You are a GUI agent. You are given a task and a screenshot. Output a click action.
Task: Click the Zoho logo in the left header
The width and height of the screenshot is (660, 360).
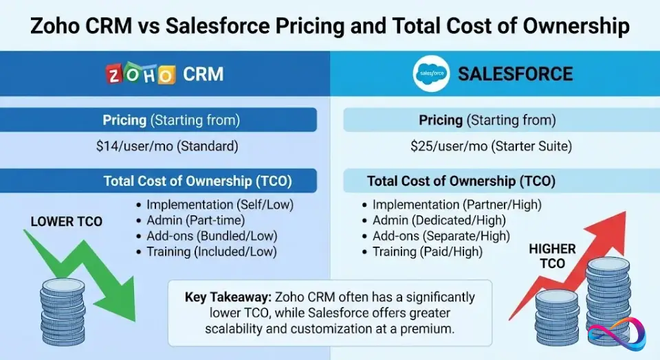140,74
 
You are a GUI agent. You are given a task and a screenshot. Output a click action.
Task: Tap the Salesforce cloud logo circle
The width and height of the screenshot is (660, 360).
431,74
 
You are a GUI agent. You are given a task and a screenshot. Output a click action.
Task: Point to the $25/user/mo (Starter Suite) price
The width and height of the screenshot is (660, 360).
491,146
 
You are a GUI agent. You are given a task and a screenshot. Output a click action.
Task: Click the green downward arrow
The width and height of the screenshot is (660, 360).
89,275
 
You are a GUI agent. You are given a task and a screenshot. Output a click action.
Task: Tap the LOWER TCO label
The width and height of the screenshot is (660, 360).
67,221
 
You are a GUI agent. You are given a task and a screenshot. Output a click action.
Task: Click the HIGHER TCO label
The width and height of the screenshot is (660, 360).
552,256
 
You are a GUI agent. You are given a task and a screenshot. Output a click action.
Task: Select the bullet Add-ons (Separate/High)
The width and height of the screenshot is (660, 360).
441,236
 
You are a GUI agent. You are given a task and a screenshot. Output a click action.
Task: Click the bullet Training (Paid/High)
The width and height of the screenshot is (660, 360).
427,252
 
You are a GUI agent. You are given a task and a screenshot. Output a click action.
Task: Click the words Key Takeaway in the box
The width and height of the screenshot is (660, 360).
228,297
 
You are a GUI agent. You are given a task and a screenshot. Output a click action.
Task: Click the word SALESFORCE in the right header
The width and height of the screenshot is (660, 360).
515,74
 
